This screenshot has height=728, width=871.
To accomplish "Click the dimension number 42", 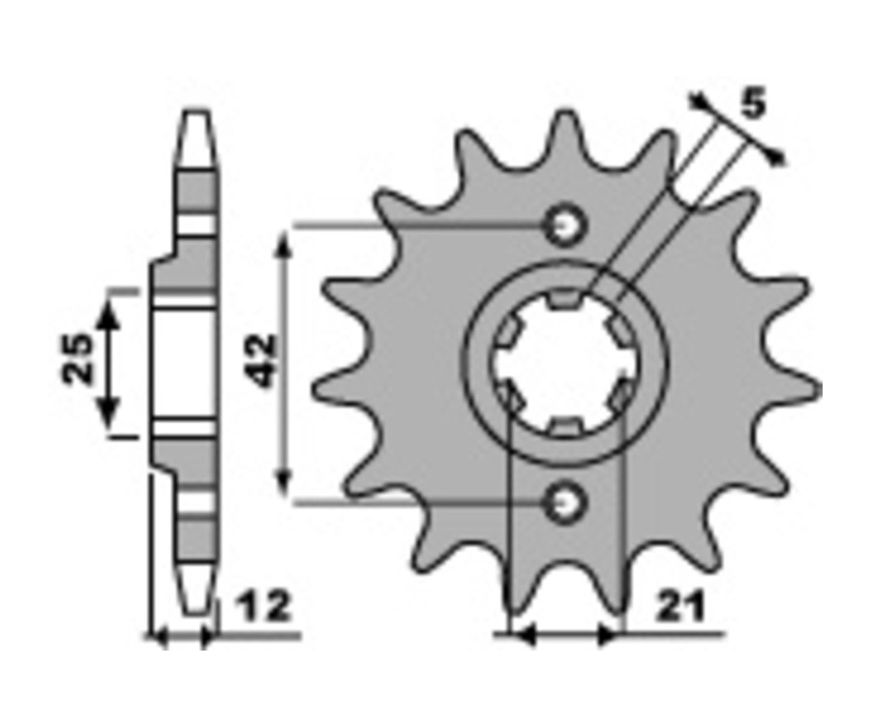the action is click(262, 360).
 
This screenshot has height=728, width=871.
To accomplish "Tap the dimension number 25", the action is click(77, 358).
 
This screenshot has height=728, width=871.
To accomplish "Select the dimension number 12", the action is click(264, 606).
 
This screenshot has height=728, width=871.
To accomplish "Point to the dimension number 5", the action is click(753, 104).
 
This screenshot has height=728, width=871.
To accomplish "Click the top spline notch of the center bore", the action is click(565, 299).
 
